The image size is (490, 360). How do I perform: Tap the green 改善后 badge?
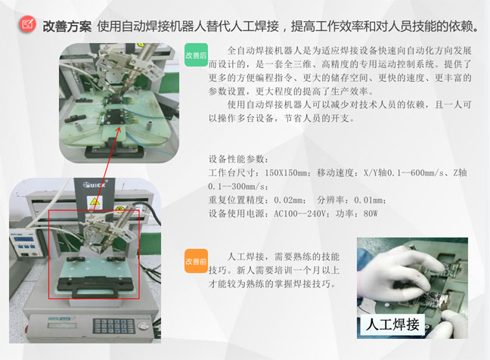(x=196, y=55)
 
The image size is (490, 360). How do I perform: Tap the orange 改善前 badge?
(x=196, y=261)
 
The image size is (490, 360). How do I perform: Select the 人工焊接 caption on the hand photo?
(x=392, y=325)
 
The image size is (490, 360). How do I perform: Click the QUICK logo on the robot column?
(x=95, y=184)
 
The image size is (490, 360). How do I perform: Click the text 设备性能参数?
(x=237, y=159)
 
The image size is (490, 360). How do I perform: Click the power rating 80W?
(x=370, y=213)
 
